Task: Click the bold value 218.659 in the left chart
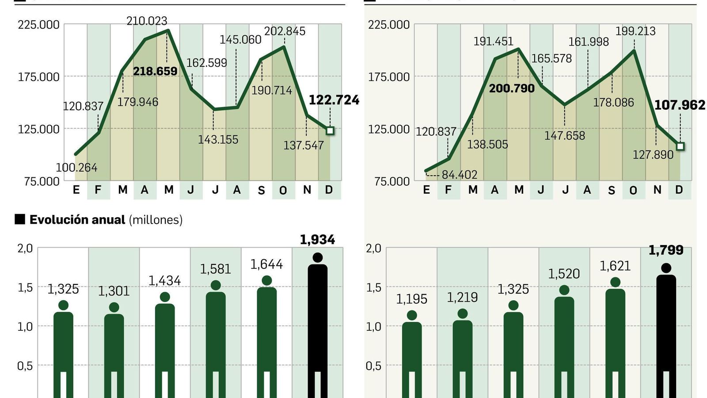click(x=155, y=71)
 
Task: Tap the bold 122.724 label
click(x=334, y=100)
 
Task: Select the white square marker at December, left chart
click(x=330, y=131)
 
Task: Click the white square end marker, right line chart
click(x=680, y=146)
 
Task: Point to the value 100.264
click(x=76, y=168)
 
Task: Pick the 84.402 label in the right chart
click(x=460, y=175)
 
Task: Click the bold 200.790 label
click(x=512, y=88)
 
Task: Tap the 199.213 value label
click(x=635, y=31)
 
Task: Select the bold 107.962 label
click(x=680, y=105)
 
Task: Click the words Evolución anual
click(x=77, y=220)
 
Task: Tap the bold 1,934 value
click(x=317, y=240)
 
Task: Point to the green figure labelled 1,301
click(x=114, y=349)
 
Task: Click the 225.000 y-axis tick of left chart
click(x=38, y=25)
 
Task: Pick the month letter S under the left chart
click(x=261, y=190)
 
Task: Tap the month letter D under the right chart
click(x=679, y=190)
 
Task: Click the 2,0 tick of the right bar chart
click(x=373, y=249)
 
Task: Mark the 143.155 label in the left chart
click(x=218, y=140)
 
